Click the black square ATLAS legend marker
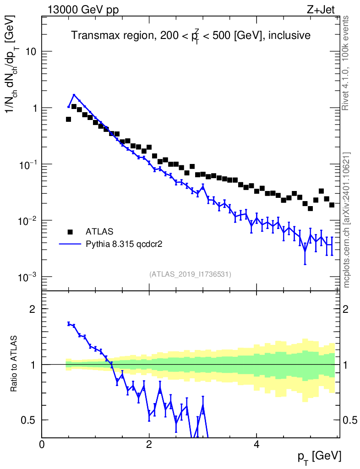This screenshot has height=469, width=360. [70, 231]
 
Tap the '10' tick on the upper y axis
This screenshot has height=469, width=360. [31, 52]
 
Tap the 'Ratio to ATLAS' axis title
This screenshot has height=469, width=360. [15, 364]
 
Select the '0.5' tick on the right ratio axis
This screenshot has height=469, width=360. [350, 420]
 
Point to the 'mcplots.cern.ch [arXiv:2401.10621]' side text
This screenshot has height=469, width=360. [347, 220]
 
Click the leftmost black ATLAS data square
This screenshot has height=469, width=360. [69, 119]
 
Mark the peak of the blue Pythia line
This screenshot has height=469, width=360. [74, 95]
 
